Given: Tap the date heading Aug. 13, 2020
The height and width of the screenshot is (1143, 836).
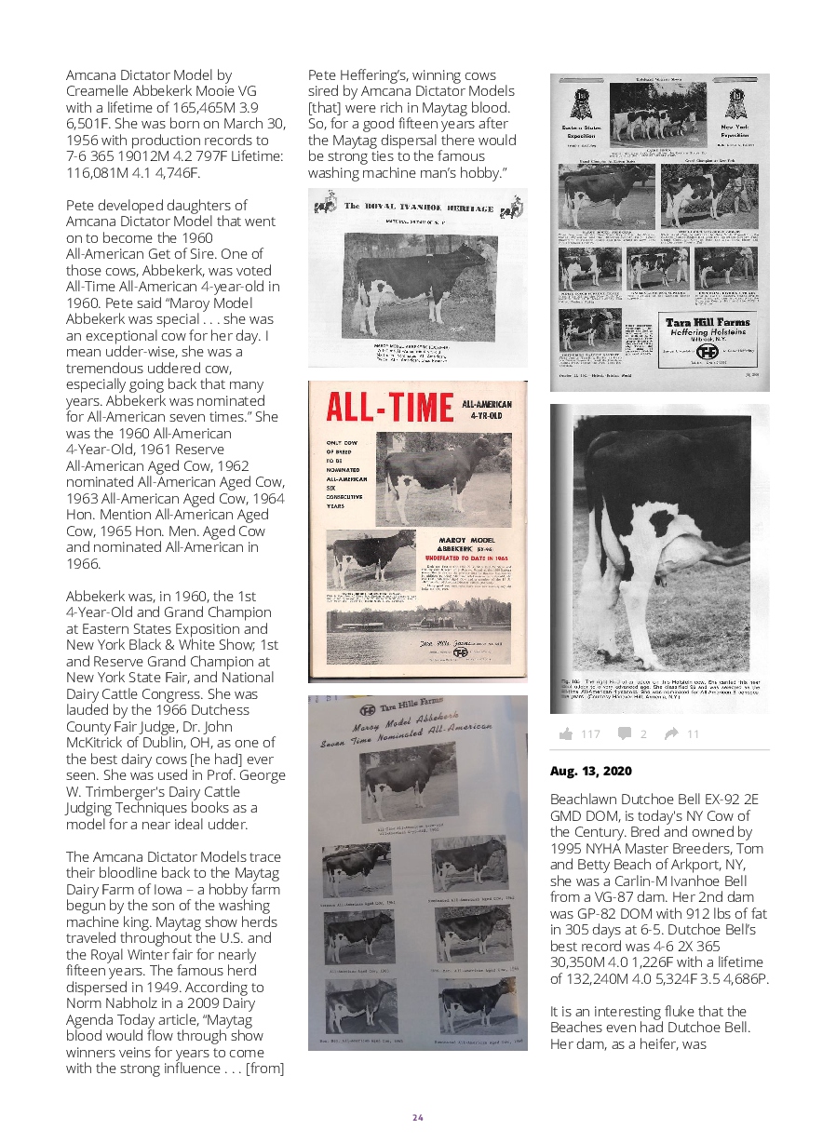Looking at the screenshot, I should [590, 772].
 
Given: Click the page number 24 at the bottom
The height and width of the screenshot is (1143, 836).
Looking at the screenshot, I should [418, 1117].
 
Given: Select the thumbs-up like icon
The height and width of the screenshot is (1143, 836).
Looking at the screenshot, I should [565, 734].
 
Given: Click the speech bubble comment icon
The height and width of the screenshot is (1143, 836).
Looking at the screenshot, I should [624, 734].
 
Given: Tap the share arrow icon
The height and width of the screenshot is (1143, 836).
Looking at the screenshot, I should [671, 734].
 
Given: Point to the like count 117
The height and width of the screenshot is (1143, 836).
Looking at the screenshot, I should [591, 734].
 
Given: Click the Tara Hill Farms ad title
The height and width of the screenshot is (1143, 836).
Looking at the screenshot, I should [708, 323].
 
